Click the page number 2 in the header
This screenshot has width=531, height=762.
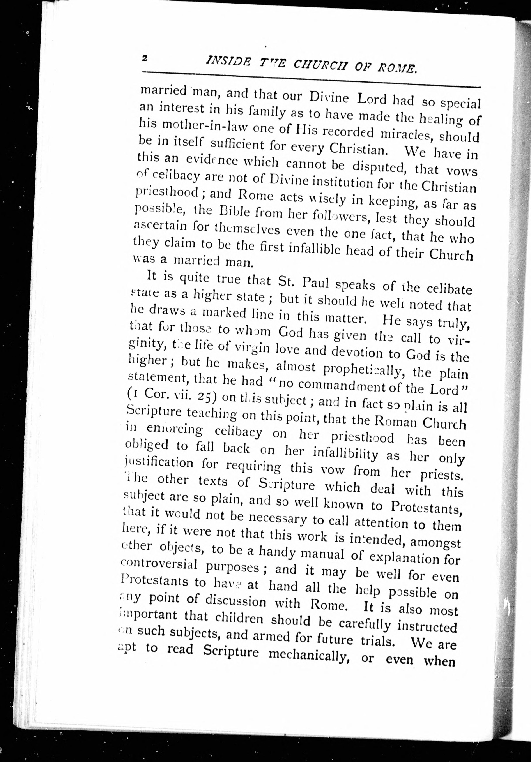coord(144,58)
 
